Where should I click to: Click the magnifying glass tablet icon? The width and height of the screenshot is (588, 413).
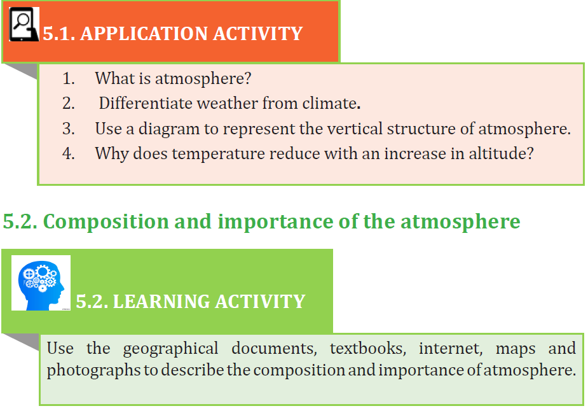pos(24,24)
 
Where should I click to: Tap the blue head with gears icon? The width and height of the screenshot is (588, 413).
pos(41,283)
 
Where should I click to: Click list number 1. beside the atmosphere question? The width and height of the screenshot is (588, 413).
pos(69,78)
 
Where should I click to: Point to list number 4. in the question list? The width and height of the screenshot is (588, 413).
pos(69,153)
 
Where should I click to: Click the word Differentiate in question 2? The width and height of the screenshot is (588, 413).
pos(146,103)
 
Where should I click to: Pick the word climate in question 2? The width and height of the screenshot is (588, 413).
pos(330,103)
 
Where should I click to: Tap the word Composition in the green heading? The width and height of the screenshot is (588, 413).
pos(106,222)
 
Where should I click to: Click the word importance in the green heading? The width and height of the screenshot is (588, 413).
pos(275,222)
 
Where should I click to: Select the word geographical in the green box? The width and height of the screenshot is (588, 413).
pos(170,349)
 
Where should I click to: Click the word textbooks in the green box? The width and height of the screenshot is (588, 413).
pos(368,349)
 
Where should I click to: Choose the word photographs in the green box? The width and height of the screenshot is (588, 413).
pos(93,370)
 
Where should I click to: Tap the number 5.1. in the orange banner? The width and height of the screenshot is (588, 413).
pos(59,34)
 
